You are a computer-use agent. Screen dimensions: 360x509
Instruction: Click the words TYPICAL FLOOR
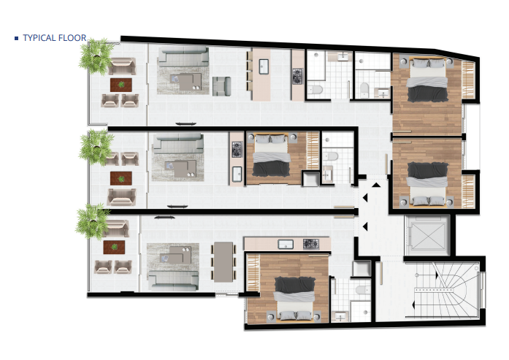(54, 37)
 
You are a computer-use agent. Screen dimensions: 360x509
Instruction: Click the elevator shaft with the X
(426, 236)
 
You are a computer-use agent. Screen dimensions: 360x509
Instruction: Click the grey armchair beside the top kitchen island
(222, 85)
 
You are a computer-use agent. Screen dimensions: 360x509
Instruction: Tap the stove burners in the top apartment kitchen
(297, 75)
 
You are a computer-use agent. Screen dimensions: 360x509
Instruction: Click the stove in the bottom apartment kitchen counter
(310, 244)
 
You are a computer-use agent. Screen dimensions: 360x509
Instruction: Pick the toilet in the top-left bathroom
(315, 90)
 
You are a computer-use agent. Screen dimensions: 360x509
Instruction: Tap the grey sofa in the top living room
(183, 58)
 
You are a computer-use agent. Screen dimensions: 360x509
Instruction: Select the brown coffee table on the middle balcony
(120, 177)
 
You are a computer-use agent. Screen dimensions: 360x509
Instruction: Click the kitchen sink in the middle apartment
(237, 173)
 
